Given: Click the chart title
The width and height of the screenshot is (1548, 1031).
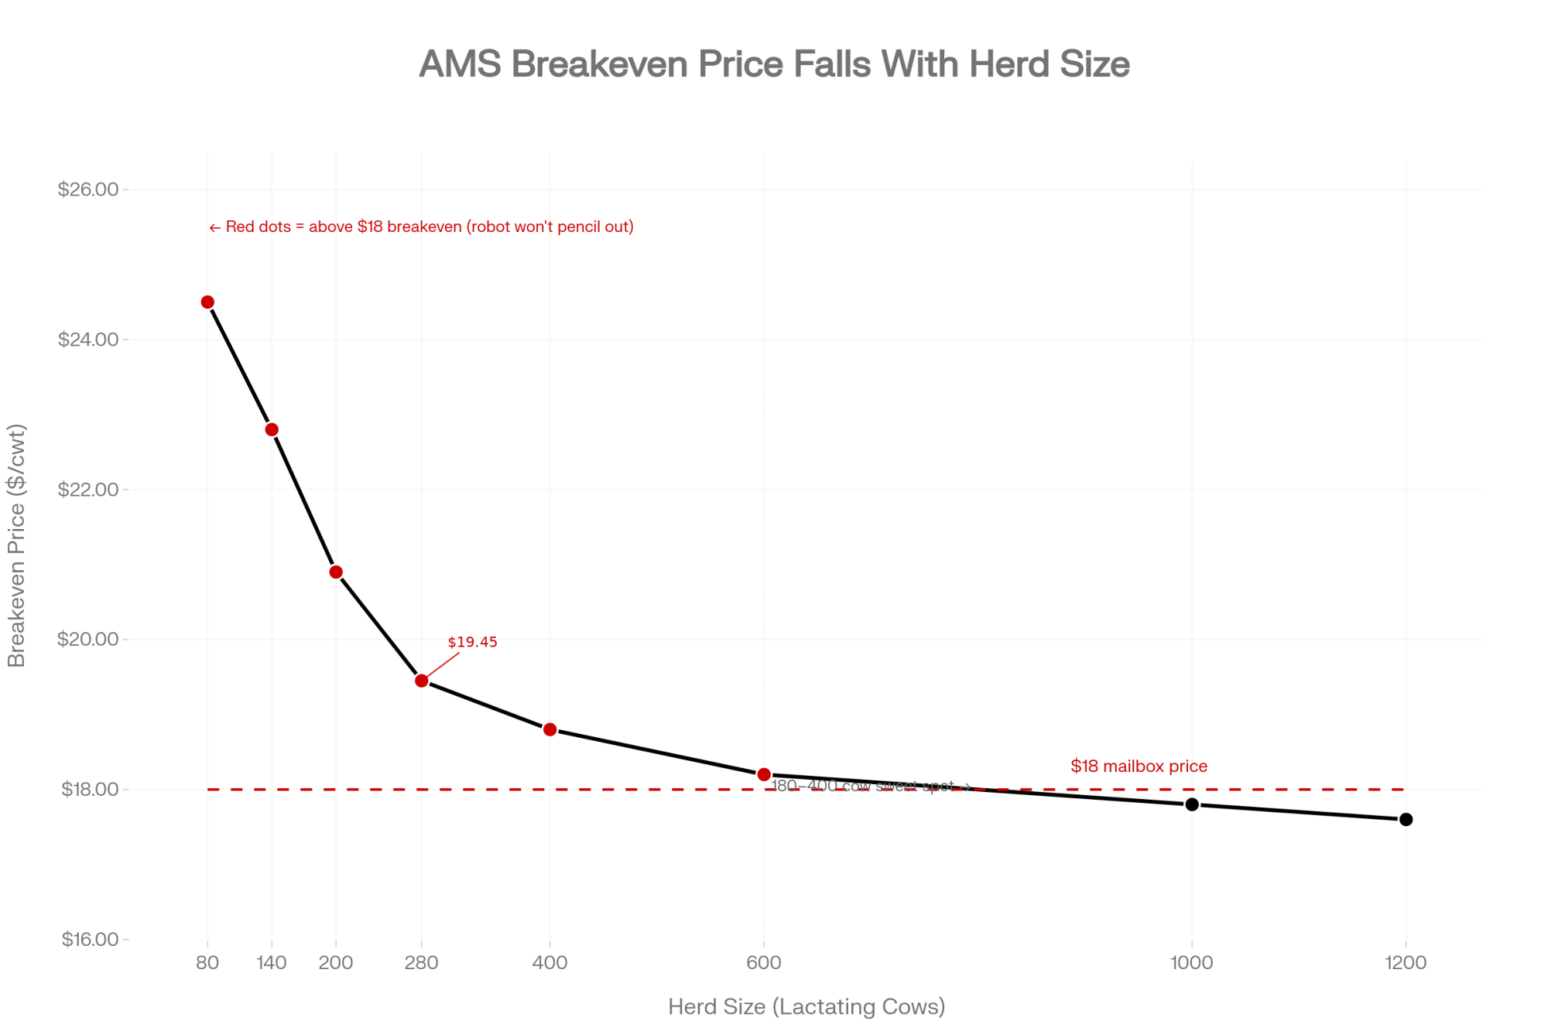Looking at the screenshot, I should click(774, 64).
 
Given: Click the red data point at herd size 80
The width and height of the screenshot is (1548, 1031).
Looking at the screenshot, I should click(207, 302).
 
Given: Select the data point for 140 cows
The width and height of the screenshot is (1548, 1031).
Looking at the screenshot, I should click(272, 430).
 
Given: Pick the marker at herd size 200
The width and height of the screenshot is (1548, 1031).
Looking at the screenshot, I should click(336, 572).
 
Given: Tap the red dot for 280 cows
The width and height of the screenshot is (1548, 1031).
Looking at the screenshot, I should click(422, 681).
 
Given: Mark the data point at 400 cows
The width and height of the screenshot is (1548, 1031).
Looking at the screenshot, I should click(550, 729).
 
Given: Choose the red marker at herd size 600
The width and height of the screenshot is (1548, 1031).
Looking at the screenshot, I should click(764, 774).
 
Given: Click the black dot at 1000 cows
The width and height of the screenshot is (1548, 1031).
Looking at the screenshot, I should click(1192, 804).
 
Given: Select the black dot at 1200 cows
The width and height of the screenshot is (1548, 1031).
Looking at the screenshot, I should click(1406, 820).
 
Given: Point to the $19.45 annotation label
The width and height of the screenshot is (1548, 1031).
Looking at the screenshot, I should click(472, 642).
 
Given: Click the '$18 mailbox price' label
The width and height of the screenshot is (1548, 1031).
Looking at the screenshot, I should click(1139, 766).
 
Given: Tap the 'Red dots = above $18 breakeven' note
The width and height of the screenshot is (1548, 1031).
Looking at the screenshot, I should click(422, 227).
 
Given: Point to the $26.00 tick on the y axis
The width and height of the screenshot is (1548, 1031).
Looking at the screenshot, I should click(88, 189).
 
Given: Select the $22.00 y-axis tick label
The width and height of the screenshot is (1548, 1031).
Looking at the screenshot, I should click(88, 490).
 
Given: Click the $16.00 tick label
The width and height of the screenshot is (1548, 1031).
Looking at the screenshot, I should click(90, 940).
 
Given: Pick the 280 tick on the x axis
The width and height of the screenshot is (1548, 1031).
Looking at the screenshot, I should click(422, 963).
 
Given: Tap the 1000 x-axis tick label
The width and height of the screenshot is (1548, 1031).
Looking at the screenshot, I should click(1192, 963).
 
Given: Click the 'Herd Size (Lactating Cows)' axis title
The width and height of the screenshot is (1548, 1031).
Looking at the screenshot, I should click(807, 1007).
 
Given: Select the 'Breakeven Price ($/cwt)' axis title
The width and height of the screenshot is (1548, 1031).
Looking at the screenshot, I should click(17, 545).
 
